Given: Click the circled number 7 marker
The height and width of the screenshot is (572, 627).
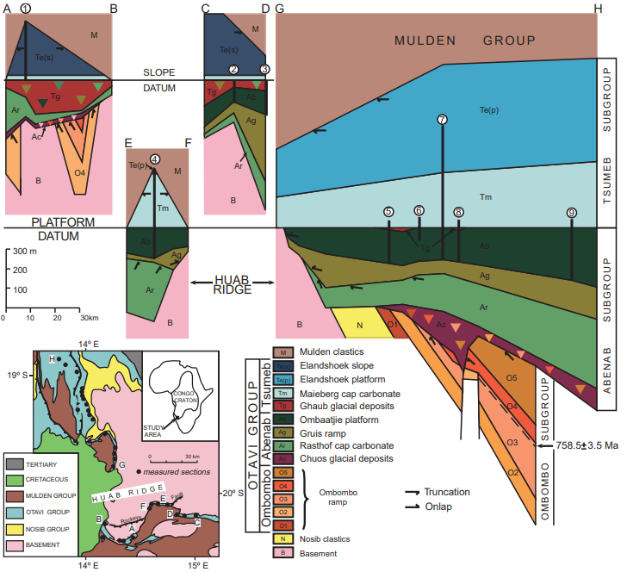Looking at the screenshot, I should [x=442, y=120].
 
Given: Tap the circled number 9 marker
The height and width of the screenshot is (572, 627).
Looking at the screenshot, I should [x=572, y=213].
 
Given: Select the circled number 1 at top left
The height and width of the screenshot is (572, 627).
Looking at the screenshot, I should [x=26, y=8].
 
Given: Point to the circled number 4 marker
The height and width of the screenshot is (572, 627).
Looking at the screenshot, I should [x=154, y=159].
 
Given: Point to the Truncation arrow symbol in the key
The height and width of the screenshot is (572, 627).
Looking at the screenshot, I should [x=412, y=493].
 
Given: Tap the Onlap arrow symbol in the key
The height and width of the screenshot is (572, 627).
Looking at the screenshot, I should [x=412, y=507].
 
